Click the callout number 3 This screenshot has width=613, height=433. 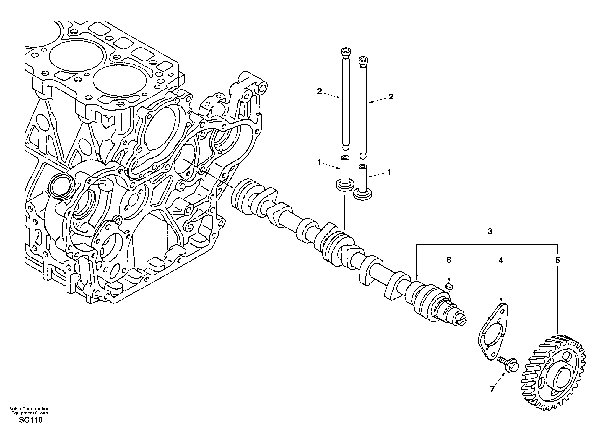point(490,232)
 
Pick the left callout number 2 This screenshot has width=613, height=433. point(319,91)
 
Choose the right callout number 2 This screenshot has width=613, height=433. point(391,97)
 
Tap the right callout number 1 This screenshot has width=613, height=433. point(389,172)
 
